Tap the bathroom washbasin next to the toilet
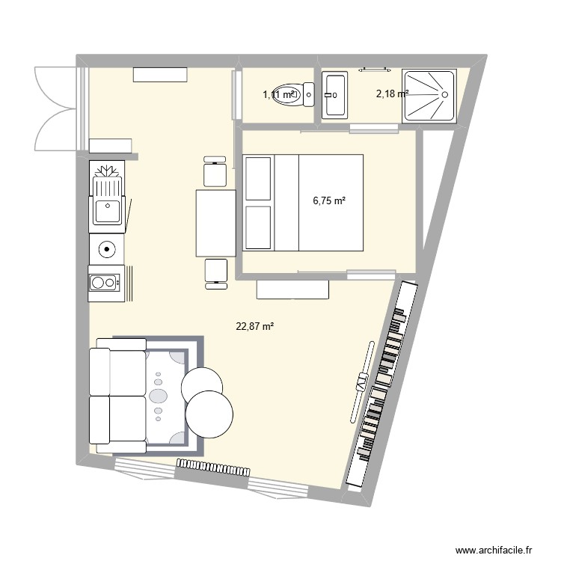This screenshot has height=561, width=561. click(x=334, y=95)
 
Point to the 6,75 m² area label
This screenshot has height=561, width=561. click(x=329, y=200)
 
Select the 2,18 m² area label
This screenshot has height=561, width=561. click(x=391, y=93)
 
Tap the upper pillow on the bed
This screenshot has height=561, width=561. click(x=258, y=179)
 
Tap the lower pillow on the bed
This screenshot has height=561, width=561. click(x=258, y=227)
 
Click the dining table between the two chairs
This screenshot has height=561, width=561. click(x=215, y=223)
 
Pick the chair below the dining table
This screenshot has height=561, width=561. click(x=215, y=272)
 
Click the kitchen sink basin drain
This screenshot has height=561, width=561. click(x=108, y=204)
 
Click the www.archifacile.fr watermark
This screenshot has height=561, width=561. click(x=491, y=548)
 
